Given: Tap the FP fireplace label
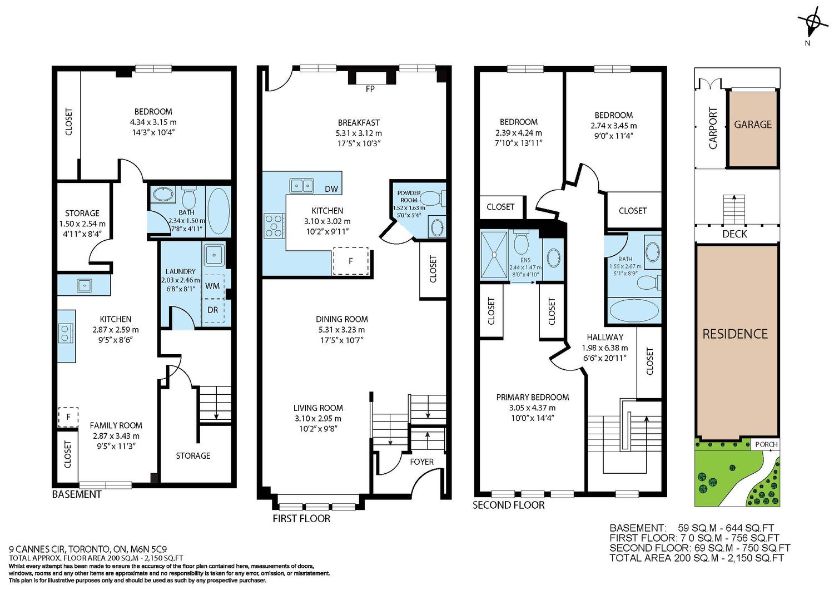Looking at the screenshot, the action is point(370,88).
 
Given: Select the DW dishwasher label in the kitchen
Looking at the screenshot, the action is point(331,189).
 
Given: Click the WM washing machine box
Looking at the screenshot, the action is point(212,286).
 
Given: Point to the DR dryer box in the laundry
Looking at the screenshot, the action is point(212,310).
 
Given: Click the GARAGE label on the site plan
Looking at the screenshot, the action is point(752,125).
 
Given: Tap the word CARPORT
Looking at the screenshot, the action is point(713,128).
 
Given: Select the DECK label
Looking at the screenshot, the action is point(734,234).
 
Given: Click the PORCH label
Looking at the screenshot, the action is point(766,444).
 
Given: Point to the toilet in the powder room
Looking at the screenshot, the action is point(434,198).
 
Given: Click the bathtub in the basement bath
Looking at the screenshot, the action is point(219,211).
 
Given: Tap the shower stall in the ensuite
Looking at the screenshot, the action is point(494,255).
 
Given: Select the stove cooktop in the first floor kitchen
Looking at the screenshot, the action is point(275,226).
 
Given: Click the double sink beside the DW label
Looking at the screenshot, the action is point(301,185).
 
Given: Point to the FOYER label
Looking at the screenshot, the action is point(421,462).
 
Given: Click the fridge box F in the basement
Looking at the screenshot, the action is point(68,417).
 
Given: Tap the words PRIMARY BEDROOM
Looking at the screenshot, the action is point(533,398).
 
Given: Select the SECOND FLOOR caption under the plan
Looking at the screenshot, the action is point(509,505).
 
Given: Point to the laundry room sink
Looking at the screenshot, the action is point(214,255).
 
